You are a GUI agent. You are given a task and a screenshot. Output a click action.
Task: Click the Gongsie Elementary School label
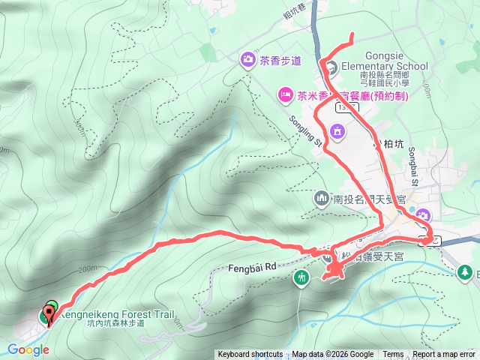tap(385, 61)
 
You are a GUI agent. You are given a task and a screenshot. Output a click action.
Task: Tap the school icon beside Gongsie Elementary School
tap(334, 66)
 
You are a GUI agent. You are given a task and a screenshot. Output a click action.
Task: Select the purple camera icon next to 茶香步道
tap(247, 59)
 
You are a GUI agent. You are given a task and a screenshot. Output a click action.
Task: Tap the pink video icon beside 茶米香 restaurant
tap(285, 94)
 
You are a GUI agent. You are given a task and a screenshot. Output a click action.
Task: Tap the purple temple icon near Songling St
tap(337, 133)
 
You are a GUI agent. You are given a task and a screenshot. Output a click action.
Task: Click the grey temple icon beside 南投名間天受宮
tap(322, 199)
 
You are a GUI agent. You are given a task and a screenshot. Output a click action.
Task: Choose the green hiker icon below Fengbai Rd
tap(301, 278)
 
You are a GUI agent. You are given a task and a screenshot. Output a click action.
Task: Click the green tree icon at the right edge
tap(466, 271)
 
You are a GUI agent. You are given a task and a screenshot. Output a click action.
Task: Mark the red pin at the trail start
tap(50, 318)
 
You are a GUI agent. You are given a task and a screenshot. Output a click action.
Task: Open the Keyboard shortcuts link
tap(250, 355)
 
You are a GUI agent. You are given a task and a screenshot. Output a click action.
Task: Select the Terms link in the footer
tap(393, 355)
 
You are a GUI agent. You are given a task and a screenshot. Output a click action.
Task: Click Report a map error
tap(445, 355)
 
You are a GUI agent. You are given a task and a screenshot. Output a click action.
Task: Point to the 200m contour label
tap(88, 269)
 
